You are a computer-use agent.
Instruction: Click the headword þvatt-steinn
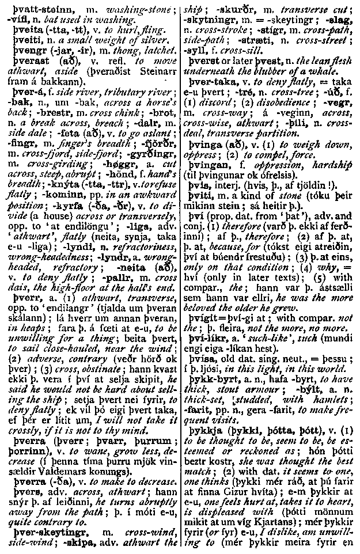30,8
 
